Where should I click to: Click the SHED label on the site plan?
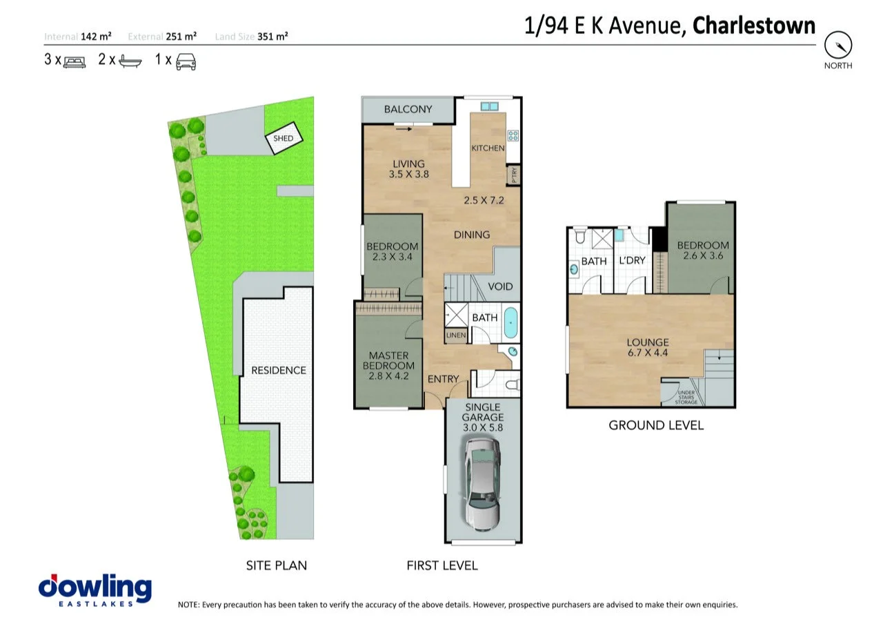click(x=284, y=138)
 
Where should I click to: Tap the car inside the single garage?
click(x=483, y=482)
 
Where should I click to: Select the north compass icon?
click(x=838, y=46)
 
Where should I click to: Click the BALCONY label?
click(x=408, y=109)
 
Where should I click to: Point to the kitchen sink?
click(x=489, y=106)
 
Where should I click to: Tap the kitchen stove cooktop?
click(x=513, y=136)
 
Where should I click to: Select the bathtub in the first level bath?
click(x=510, y=323)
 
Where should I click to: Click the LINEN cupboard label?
click(x=456, y=335)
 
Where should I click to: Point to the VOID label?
click(x=500, y=286)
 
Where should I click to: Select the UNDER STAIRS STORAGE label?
click(x=686, y=397)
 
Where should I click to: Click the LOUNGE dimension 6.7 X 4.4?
click(x=647, y=353)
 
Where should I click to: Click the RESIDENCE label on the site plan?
click(x=278, y=370)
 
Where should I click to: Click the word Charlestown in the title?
click(x=753, y=26)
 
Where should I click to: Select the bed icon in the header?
click(x=74, y=61)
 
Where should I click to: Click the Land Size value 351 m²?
click(x=272, y=37)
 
